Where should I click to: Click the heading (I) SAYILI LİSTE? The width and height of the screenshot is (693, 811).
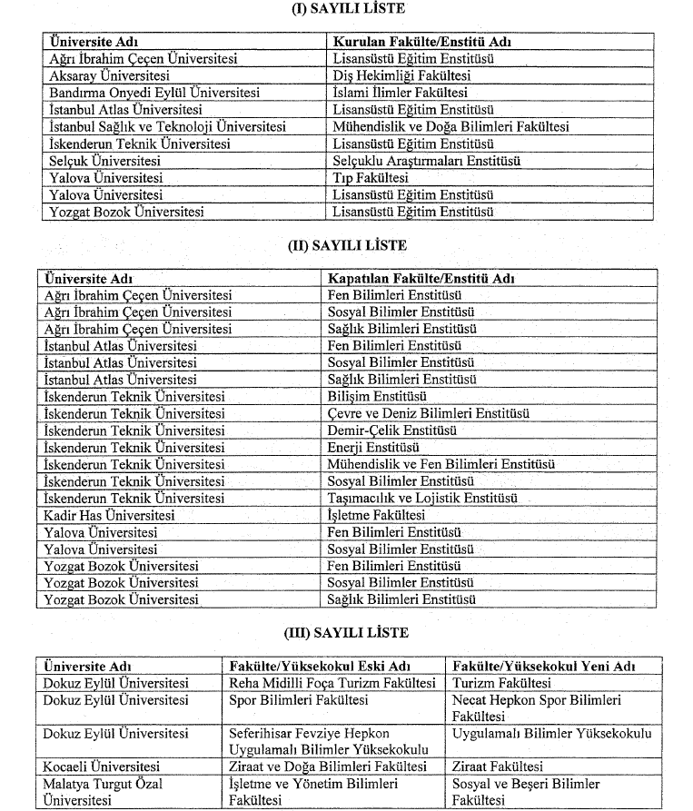click(345, 9)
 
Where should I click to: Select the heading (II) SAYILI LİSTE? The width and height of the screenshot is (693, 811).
click(345, 245)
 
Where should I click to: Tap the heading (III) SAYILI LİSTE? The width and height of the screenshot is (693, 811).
click(345, 632)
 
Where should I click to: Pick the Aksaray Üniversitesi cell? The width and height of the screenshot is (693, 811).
click(110, 75)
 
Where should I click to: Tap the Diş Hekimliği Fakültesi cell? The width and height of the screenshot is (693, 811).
click(401, 75)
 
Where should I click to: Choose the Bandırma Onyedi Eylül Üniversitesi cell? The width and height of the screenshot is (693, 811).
click(154, 93)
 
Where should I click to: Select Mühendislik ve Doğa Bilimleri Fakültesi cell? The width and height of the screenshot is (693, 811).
click(450, 126)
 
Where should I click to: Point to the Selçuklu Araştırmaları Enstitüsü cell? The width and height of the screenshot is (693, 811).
click(427, 161)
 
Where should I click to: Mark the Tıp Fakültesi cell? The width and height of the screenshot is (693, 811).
click(371, 178)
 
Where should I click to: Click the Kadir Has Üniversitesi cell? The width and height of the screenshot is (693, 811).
click(109, 515)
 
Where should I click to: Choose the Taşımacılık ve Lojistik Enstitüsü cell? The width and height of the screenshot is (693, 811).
click(421, 498)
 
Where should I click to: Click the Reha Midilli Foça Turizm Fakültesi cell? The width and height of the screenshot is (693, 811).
click(332, 683)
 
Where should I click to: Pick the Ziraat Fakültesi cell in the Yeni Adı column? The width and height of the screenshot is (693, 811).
click(497, 766)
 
